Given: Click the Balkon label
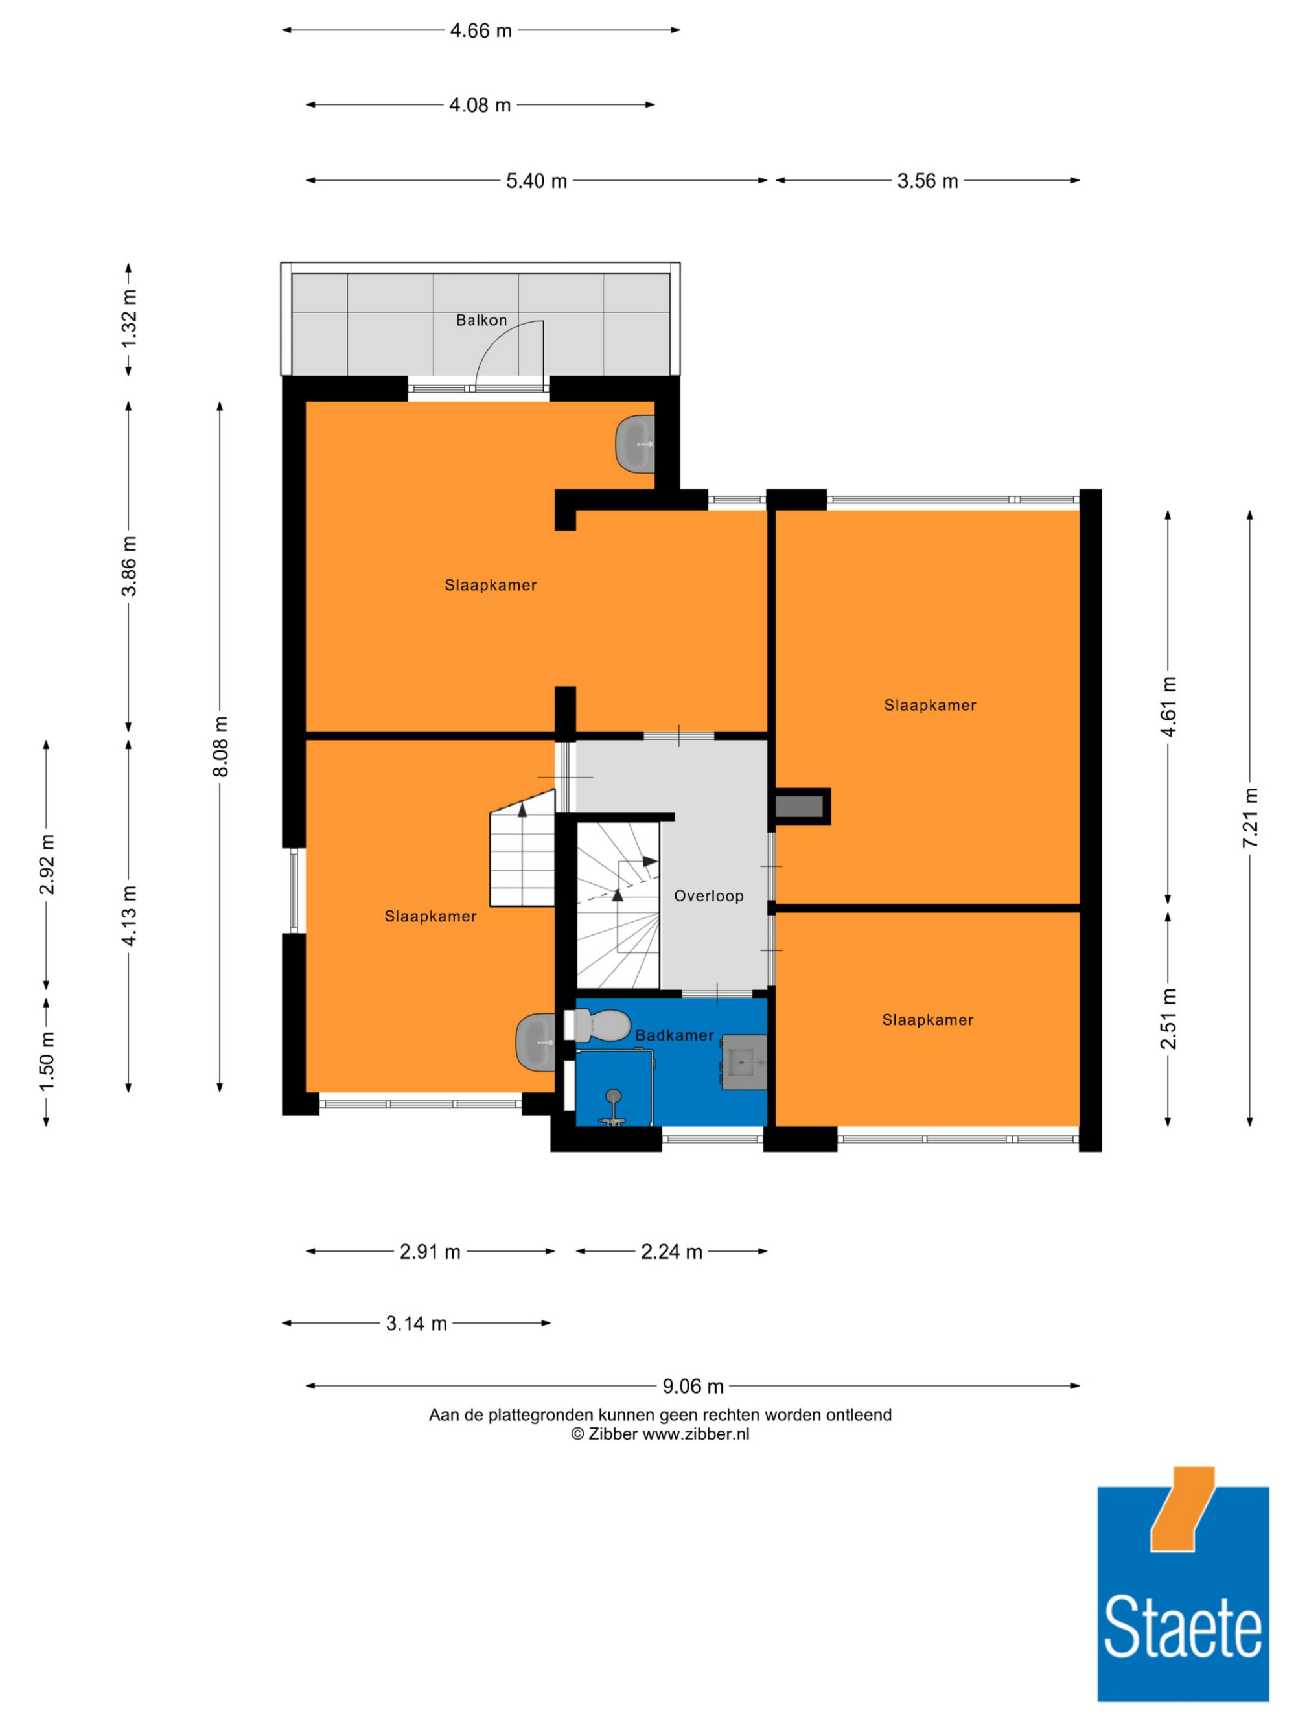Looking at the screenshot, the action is pyautogui.click(x=481, y=320).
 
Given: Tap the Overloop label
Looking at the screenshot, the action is pyautogui.click(x=708, y=896).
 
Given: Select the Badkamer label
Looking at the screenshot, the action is pyautogui.click(x=674, y=1035).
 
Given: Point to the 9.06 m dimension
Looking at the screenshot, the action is pyautogui.click(x=693, y=1387).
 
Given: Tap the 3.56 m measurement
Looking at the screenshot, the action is pyautogui.click(x=927, y=181).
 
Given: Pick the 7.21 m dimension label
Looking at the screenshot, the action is pyautogui.click(x=1251, y=818).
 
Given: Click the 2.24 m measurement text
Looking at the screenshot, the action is pyautogui.click(x=672, y=1252).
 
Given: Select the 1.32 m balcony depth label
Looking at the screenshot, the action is pyautogui.click(x=129, y=319).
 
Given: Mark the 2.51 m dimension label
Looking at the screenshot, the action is pyautogui.click(x=1168, y=1019).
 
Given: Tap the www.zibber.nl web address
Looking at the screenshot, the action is pyautogui.click(x=695, y=1434).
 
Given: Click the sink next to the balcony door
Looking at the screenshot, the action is pyautogui.click(x=635, y=444).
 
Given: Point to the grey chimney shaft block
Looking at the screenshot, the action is pyautogui.click(x=799, y=806).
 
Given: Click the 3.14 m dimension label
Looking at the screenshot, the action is pyautogui.click(x=417, y=1323).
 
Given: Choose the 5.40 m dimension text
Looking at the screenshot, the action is pyautogui.click(x=537, y=181).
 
